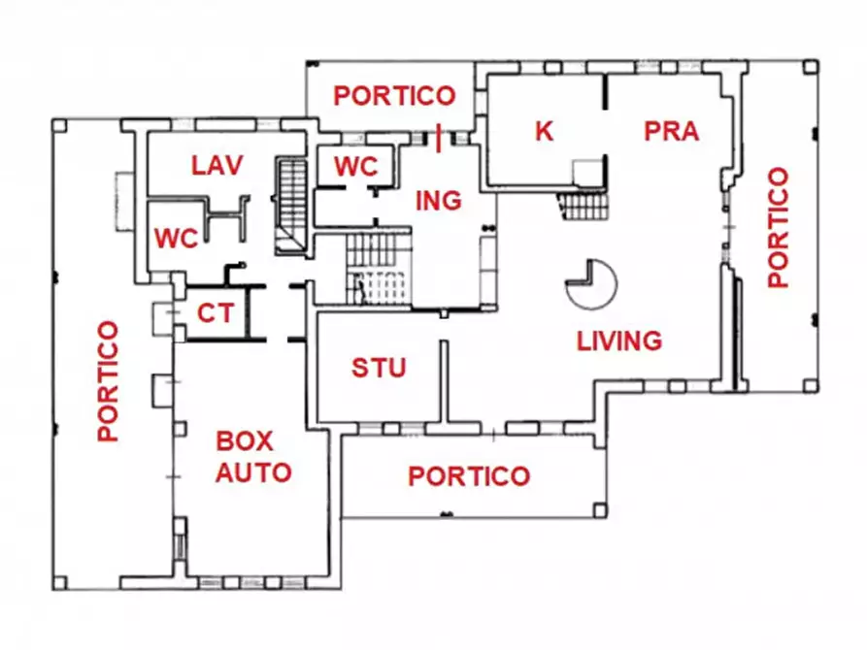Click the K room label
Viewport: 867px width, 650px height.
[544, 131]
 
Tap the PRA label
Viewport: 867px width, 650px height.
[672, 131]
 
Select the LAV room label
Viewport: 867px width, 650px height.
[216, 165]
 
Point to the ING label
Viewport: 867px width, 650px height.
[438, 201]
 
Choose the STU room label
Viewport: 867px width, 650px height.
[379, 369]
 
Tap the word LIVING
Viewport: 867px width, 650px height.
[619, 341]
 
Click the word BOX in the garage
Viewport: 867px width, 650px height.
[244, 441]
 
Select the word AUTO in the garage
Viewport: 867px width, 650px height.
[253, 473]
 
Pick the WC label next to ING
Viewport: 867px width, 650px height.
[355, 166]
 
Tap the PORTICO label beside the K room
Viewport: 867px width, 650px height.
[394, 95]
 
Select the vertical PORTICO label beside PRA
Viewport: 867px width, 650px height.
[778, 228]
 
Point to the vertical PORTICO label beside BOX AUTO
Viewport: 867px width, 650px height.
[109, 381]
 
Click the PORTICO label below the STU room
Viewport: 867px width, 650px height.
[469, 476]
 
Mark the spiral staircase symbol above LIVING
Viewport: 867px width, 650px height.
[590, 282]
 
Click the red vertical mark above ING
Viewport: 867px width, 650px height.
[442, 136]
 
